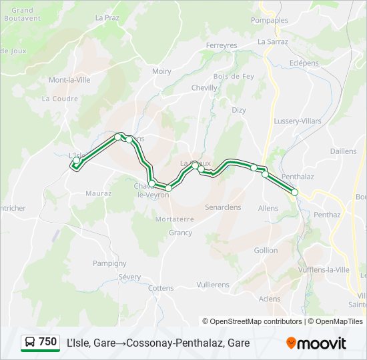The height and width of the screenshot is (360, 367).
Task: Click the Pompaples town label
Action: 270,20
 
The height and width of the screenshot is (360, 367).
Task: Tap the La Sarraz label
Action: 272,41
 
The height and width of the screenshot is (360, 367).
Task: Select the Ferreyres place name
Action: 222,45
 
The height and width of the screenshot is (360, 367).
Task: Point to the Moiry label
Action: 161,71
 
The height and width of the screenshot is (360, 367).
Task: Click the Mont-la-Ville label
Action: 69,80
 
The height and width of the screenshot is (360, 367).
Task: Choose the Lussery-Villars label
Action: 298,121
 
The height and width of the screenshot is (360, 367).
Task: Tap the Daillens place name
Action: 343,151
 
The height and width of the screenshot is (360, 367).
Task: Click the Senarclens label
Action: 223,207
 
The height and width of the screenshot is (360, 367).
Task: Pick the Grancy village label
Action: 180,233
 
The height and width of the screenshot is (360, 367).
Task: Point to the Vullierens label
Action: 213,285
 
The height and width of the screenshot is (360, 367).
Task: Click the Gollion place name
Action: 266,250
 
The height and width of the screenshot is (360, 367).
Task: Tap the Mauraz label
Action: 98,194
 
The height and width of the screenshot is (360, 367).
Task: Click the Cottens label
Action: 161,288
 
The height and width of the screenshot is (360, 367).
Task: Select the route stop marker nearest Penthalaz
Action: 294,192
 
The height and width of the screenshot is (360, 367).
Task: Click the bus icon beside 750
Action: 29,343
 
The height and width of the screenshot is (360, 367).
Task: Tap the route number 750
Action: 48,342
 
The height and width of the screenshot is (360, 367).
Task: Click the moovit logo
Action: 316,343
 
